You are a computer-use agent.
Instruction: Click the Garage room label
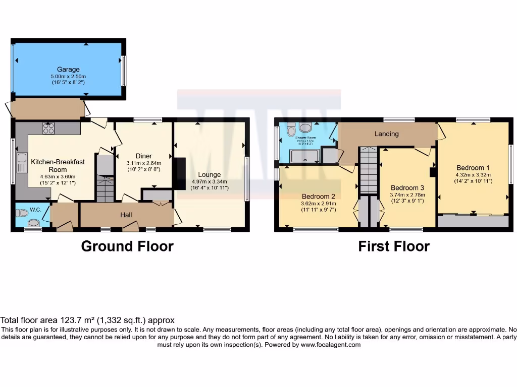pos(68,70)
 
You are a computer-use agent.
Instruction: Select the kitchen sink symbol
pos(22,162)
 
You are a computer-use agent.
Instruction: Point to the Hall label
pos(126,215)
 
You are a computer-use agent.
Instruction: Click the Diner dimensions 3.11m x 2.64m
pos(144,163)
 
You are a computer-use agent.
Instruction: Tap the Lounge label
pos(210,175)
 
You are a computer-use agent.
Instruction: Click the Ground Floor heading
pos(127,246)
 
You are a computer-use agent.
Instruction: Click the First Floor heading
pos(394,246)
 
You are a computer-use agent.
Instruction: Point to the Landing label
pos(387,134)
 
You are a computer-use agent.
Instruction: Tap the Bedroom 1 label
pos(473,168)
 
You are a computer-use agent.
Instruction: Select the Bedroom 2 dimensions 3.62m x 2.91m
pos(319,203)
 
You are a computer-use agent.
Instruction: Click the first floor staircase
pos(369,171)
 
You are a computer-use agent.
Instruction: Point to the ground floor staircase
pos(105,189)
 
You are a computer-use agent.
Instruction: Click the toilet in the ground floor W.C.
pos(34,222)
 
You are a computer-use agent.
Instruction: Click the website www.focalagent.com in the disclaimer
pos(330,345)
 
